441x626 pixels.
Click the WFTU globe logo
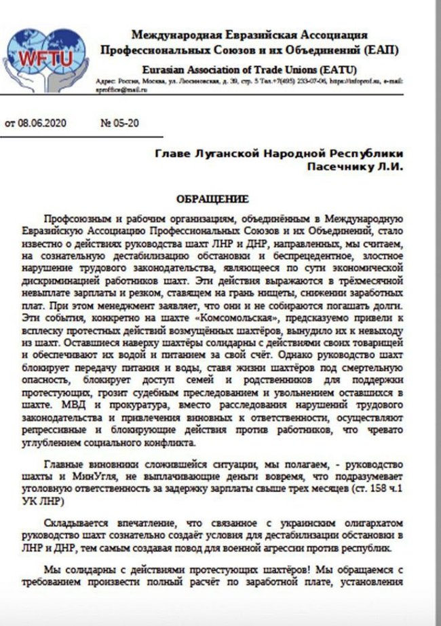click(x=47, y=57)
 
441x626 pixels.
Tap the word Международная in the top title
click(x=176, y=35)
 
